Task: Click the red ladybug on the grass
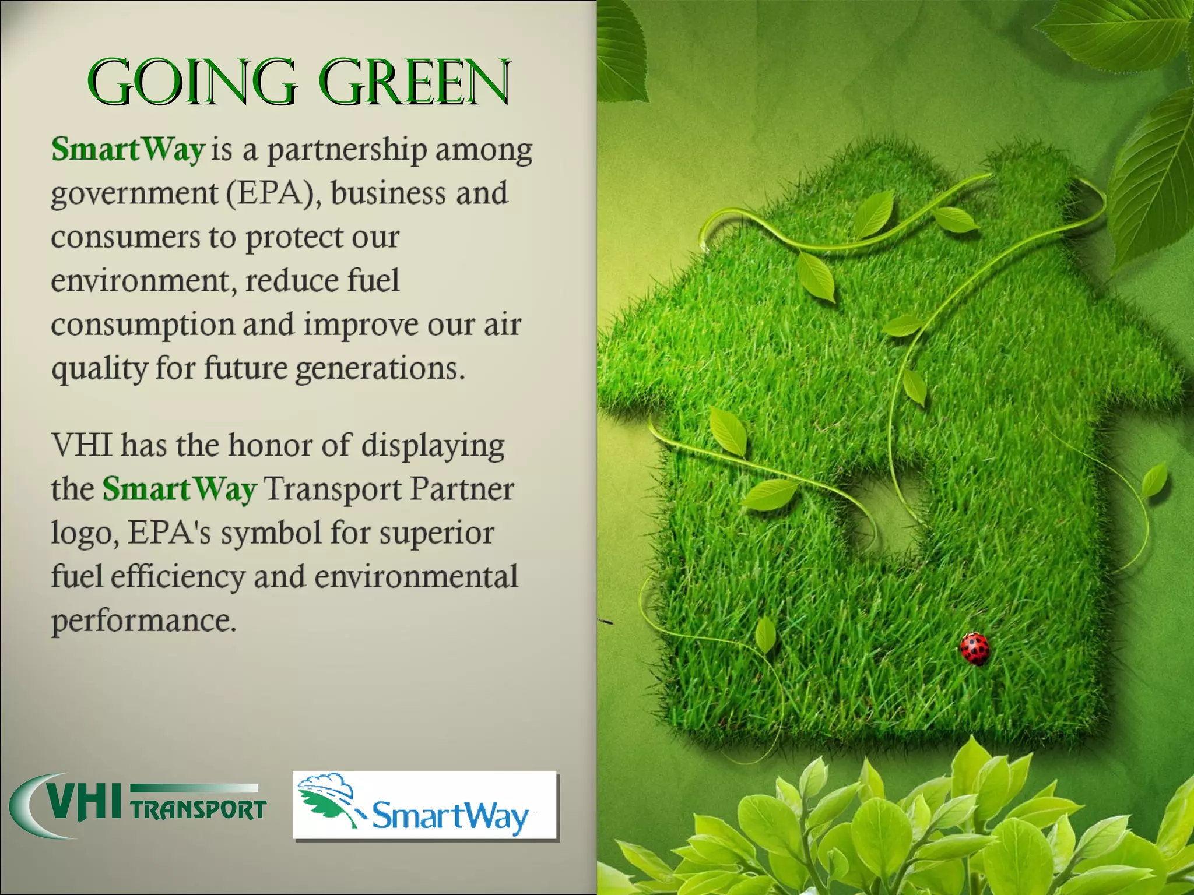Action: coord(975,649)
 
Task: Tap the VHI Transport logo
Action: coord(138,806)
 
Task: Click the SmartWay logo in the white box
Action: coord(424,805)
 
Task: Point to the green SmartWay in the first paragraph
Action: coord(128,149)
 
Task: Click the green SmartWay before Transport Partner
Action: coord(180,489)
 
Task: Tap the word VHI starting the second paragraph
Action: coord(81,445)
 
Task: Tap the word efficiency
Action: coord(178,577)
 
